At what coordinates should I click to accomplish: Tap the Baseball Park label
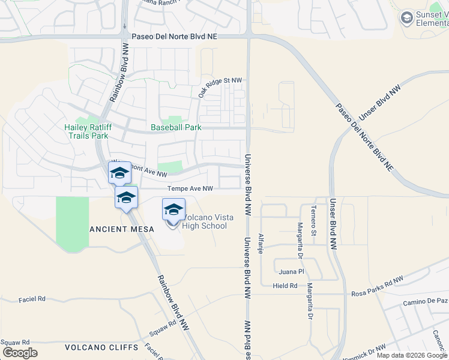point(176,128)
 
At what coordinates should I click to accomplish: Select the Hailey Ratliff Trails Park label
point(86,131)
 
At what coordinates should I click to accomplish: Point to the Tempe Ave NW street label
point(190,188)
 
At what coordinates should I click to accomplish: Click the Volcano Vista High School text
point(205,221)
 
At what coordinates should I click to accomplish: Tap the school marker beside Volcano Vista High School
point(173,211)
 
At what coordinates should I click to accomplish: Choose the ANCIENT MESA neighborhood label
point(122,229)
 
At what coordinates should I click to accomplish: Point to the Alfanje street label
point(261,244)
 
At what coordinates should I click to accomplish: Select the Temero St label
point(313,220)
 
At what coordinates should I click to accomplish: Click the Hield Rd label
point(285,286)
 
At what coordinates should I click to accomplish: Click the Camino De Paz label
point(426,301)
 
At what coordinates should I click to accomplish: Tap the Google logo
point(20,353)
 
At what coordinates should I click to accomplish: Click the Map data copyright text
point(412,355)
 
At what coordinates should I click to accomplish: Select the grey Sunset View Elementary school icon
point(407,18)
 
